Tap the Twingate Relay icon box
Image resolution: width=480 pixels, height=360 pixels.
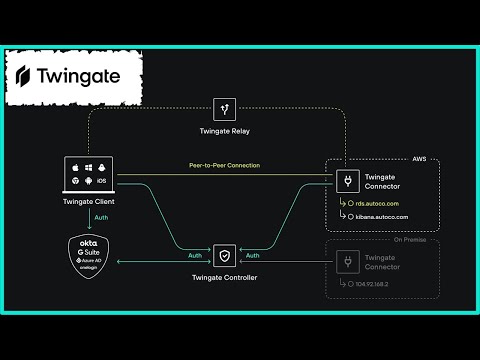[x=225, y=109]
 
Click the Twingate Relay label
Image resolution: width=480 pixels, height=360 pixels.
[x=225, y=132]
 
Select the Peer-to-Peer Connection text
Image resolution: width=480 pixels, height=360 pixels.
[x=225, y=165]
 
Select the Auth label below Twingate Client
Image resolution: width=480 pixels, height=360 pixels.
[x=100, y=218]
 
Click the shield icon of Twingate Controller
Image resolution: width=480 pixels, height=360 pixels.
[x=225, y=254]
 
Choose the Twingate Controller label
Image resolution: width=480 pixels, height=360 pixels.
[x=225, y=277]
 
